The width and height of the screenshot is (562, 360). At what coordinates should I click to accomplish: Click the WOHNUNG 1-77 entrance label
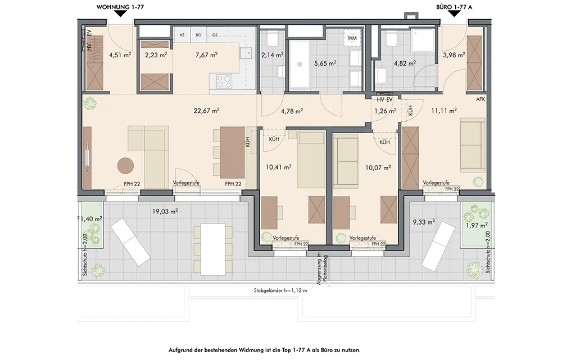120,7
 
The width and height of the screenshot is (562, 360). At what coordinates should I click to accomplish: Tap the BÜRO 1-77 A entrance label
454,7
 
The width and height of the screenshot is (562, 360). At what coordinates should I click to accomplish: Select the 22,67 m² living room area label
206,111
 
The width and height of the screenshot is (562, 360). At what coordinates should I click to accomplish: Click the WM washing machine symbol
352,38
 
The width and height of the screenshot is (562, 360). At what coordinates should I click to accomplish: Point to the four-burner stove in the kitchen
224,81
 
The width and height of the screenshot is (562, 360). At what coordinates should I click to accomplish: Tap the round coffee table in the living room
125,166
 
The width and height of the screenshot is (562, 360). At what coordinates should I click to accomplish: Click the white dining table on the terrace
213,249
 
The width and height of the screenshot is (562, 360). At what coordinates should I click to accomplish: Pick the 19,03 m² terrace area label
165,212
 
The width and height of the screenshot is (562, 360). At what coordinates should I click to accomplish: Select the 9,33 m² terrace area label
424,222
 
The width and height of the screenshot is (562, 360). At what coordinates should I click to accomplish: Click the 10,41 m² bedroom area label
279,167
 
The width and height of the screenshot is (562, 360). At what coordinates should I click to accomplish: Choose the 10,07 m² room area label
378,167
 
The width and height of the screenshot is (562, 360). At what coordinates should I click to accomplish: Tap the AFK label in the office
481,99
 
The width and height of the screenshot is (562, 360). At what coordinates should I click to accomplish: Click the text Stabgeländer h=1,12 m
280,291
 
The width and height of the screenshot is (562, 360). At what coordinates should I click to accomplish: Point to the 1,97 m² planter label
477,226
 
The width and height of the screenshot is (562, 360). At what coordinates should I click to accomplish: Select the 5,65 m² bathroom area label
325,63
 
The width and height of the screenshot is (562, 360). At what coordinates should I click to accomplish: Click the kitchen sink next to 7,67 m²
247,53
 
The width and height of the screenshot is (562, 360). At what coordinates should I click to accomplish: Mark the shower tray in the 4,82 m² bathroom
423,40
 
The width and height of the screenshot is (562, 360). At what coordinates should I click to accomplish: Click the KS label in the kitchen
183,35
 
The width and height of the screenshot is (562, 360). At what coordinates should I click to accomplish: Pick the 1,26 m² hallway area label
386,111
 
